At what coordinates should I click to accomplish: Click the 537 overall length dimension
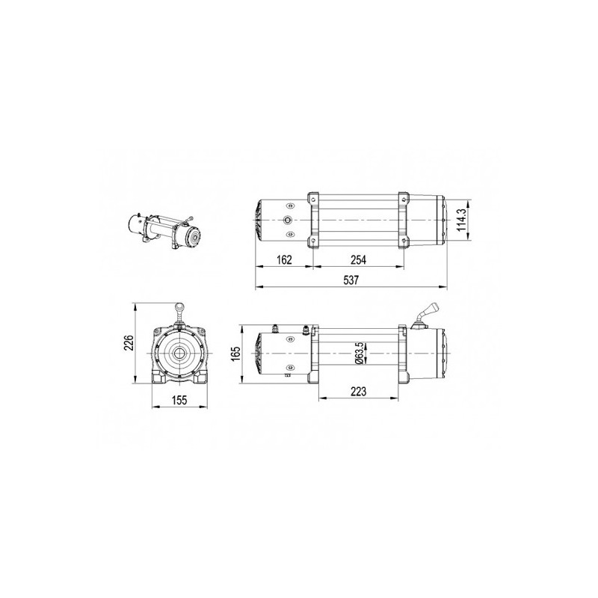(x=351, y=280)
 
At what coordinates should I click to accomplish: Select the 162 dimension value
(x=284, y=259)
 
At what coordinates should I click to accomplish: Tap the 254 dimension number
(x=358, y=259)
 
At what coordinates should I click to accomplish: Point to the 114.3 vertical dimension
(x=461, y=220)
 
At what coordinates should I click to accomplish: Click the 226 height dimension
(x=129, y=343)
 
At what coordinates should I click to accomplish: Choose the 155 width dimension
(x=179, y=400)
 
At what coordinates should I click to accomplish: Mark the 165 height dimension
(x=235, y=354)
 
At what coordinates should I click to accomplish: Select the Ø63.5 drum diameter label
(x=359, y=353)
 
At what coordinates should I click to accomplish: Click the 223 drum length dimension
(x=358, y=391)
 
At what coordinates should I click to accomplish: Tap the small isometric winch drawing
(x=164, y=231)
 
